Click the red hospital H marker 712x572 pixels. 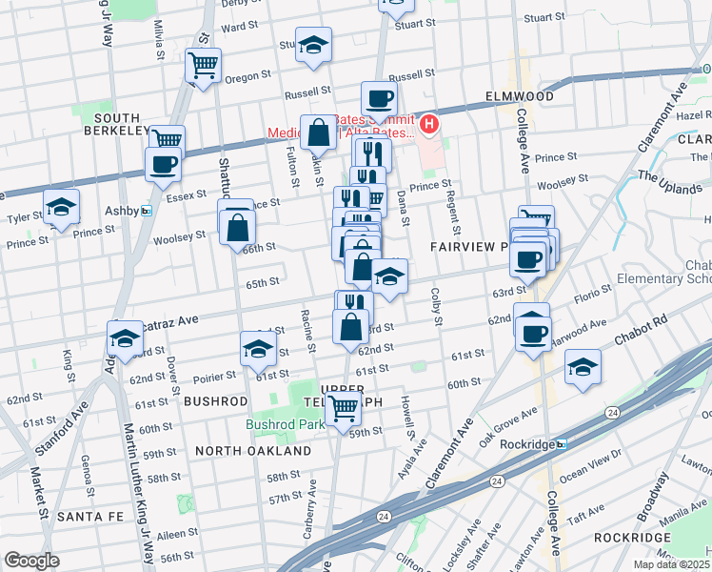(429, 123)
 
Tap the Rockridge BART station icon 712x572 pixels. (562, 443)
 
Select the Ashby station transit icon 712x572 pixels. (146, 211)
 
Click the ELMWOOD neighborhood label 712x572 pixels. (519, 96)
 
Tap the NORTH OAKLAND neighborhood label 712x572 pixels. (254, 450)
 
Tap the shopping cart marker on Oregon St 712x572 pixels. (203, 65)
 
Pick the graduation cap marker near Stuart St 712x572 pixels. (312, 45)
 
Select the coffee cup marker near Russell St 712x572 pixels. (379, 98)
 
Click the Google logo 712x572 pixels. (31, 561)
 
